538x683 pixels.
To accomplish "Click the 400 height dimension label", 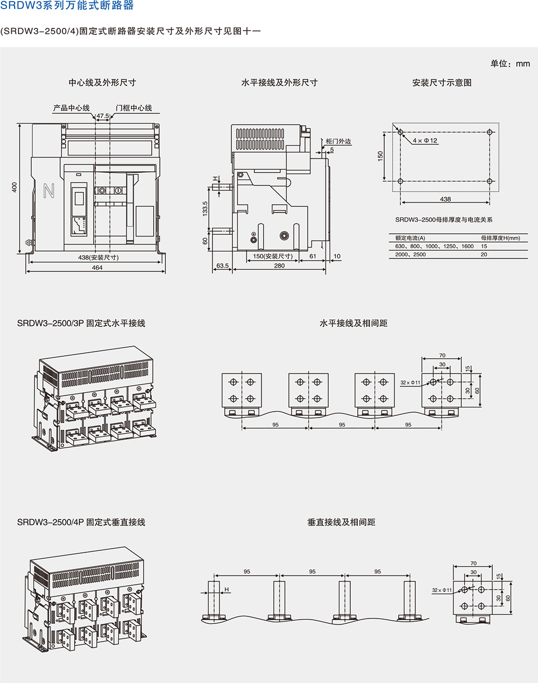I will [15, 186].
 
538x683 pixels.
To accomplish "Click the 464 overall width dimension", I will [97, 268].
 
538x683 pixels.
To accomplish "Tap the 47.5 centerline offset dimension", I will [103, 116].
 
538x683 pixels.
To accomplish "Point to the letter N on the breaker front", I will [49, 191].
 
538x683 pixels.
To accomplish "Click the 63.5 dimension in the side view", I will [222, 265].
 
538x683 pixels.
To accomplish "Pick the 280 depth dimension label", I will [279, 265].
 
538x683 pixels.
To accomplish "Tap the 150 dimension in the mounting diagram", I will [381, 156].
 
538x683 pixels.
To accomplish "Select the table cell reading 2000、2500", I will [410, 255].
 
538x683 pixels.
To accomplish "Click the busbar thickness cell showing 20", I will [484, 255].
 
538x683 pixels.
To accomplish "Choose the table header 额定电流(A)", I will [410, 238].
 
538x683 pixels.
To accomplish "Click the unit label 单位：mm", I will [510, 63].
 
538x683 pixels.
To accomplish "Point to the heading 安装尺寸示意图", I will [442, 83].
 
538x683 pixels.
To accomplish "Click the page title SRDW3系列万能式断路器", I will [67, 6].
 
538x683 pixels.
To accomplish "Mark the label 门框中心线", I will [134, 108].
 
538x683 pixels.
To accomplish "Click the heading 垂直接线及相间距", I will [341, 522].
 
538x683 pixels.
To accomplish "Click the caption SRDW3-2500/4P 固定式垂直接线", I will [81, 522].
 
